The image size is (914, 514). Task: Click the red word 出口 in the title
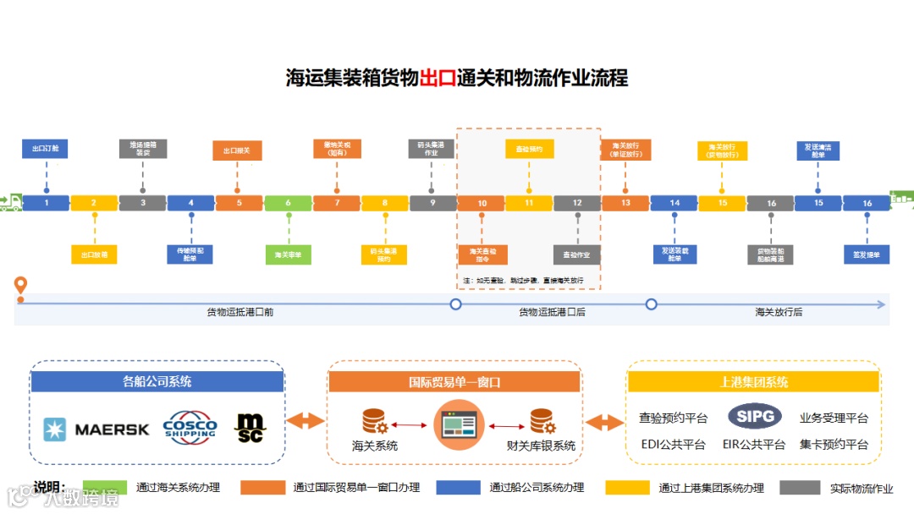point(438,79)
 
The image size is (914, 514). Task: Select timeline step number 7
point(336,203)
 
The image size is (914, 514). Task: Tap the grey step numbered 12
point(577,203)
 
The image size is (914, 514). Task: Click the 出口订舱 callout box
point(46,150)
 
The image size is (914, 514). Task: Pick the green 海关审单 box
point(288,254)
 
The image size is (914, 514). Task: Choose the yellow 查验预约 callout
point(529,150)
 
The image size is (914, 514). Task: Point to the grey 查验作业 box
point(577,254)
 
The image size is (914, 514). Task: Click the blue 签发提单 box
point(867,254)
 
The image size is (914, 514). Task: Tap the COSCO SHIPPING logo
point(190,426)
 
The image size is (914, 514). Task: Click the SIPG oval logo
point(754,417)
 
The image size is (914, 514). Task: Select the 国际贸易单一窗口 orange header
point(454,382)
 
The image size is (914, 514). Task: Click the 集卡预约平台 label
point(834,445)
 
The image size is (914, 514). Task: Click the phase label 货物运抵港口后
point(552,312)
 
